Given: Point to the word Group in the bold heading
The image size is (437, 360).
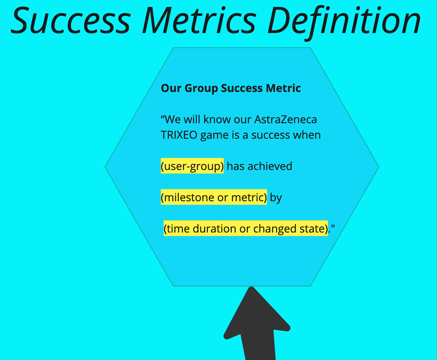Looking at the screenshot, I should point(201,88).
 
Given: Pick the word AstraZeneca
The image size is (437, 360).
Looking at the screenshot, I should point(286,120).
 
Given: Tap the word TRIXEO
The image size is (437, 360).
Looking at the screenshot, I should point(179,135).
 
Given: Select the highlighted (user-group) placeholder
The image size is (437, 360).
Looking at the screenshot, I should point(192,166).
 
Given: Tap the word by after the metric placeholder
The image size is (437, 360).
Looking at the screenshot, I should point(276,198).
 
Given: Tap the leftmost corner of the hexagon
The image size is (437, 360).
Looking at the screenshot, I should point(105,167).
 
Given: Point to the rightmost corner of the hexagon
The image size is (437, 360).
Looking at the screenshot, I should point(379,167).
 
